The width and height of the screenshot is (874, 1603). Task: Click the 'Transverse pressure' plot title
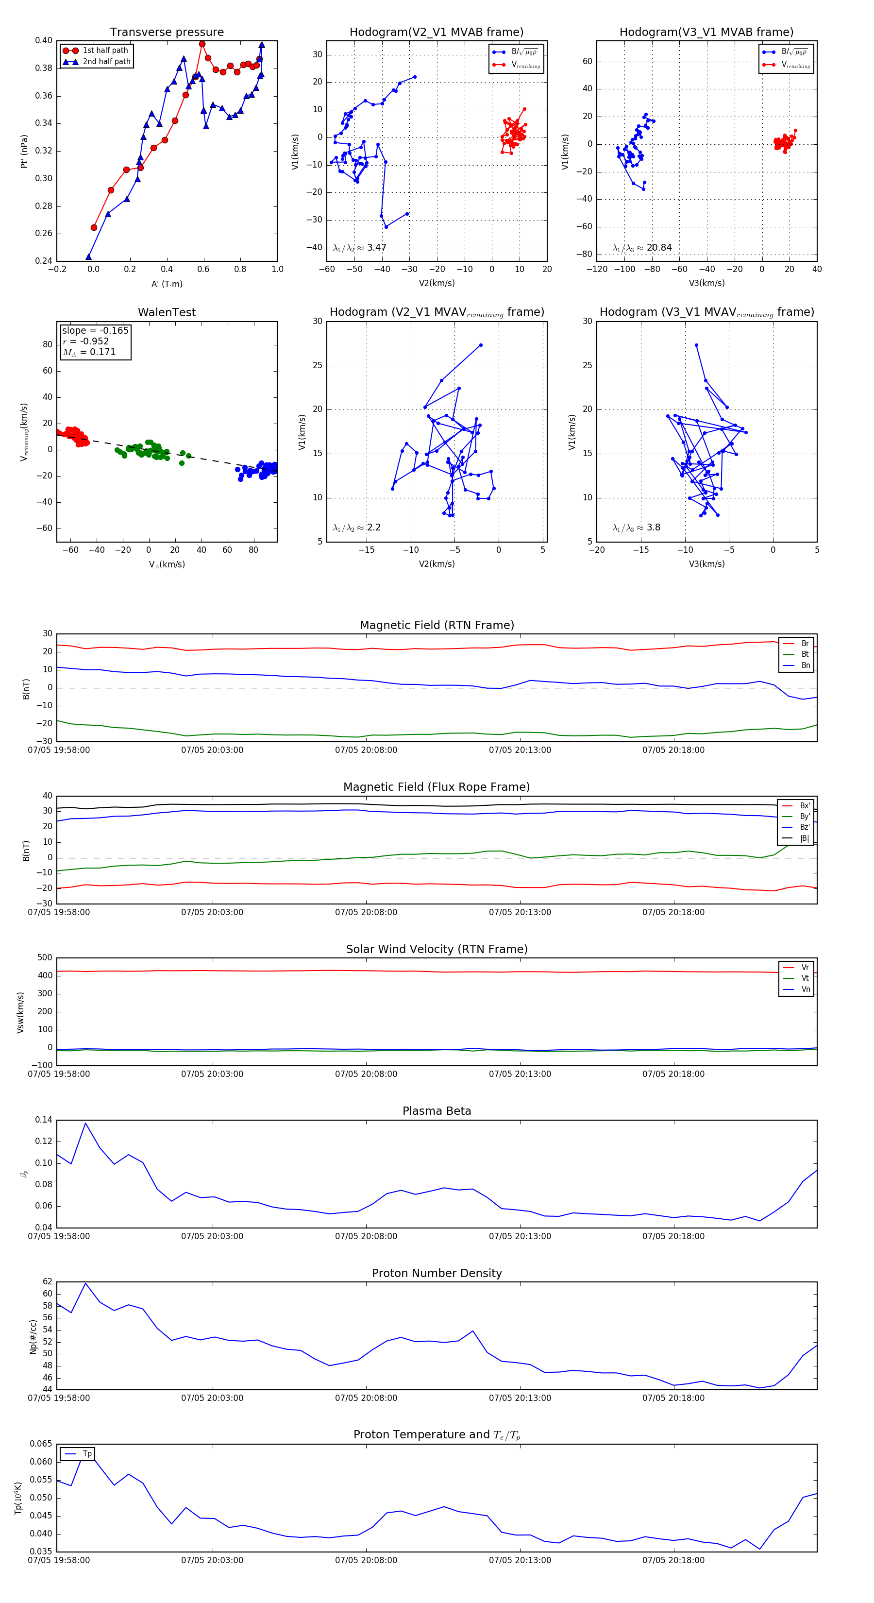(167, 33)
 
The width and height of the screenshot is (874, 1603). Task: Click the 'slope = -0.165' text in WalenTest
(95, 330)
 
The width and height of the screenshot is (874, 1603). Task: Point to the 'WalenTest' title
(167, 312)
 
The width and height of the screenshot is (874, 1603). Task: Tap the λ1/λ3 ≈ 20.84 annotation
(642, 248)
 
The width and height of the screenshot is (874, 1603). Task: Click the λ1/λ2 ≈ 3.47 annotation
(359, 248)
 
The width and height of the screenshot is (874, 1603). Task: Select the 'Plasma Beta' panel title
(437, 1111)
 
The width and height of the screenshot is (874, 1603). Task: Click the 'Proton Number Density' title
(437, 1273)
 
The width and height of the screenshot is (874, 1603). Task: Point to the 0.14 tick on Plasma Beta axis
(44, 1120)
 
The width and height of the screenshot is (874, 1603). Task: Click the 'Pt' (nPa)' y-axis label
(24, 151)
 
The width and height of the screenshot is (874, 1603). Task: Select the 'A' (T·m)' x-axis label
(167, 284)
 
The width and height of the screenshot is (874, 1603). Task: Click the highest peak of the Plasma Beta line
(85, 1123)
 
